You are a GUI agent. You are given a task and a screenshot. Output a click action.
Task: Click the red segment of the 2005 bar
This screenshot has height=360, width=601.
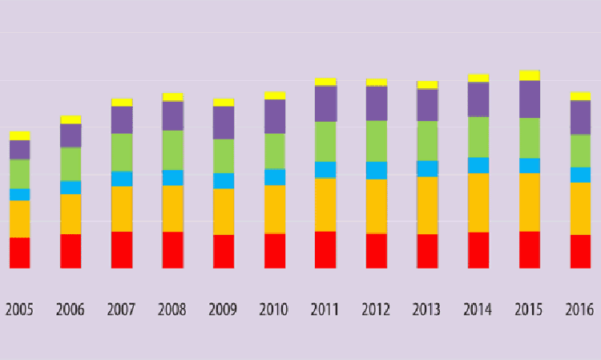tap(20, 253)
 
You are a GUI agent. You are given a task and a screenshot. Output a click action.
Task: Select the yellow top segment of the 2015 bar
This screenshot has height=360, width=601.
tap(529, 75)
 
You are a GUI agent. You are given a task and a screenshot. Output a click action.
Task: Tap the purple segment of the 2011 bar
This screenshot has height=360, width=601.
tap(325, 103)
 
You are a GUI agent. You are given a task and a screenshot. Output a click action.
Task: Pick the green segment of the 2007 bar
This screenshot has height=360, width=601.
tap(122, 152)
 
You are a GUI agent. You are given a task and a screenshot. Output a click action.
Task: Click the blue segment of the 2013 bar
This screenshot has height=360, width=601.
tap(427, 168)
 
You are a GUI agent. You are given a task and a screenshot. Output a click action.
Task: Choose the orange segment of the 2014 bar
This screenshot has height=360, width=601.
tap(478, 203)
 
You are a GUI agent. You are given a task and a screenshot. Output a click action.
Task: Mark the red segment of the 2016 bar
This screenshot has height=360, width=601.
tap(580, 251)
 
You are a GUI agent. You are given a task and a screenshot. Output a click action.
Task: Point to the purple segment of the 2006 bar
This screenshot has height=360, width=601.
tap(71, 136)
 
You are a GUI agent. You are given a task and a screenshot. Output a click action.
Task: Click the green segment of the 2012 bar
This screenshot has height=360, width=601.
tap(377, 141)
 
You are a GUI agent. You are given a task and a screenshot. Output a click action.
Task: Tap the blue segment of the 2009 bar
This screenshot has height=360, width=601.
tap(224, 180)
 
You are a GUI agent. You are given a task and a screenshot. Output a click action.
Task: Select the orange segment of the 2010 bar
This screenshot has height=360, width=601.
tap(275, 209)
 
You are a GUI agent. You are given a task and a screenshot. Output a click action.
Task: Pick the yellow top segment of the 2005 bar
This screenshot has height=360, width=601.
tap(20, 136)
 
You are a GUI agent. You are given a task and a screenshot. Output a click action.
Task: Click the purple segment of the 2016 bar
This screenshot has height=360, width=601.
tap(580, 118)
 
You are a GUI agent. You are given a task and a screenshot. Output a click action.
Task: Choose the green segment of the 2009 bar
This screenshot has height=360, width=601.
tap(224, 156)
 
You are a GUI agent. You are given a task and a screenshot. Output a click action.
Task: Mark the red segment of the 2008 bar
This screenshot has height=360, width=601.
tap(173, 250)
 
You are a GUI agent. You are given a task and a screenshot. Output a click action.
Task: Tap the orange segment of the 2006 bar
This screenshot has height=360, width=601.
tap(71, 214)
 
